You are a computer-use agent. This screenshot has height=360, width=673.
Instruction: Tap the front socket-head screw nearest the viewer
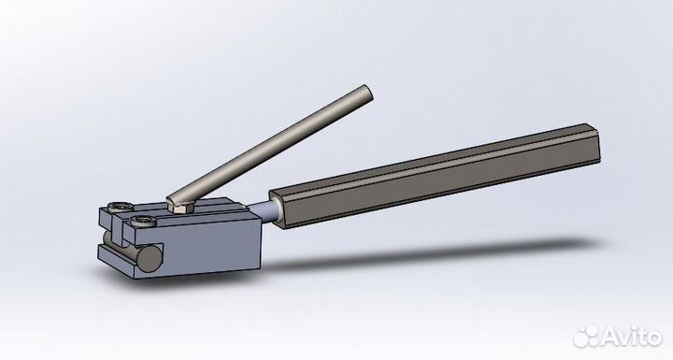(143, 221)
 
